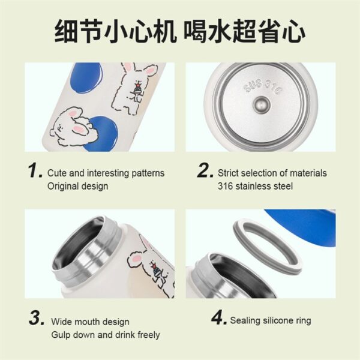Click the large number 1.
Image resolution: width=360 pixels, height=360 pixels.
(34, 170)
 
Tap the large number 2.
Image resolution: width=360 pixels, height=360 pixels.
(205, 170)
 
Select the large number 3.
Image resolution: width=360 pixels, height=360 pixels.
(37, 318)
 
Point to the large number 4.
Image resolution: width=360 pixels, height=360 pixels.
(219, 317)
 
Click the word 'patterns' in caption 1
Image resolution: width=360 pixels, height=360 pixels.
(148, 173)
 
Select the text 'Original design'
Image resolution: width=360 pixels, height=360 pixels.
(77, 186)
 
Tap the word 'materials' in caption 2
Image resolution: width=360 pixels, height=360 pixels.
(308, 173)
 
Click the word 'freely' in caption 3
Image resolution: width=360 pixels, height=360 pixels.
(149, 335)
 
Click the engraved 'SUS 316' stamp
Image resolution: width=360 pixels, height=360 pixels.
(262, 86)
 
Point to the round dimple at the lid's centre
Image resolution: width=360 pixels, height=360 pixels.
(262, 104)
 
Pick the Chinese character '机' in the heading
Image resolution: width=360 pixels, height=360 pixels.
(165, 31)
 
